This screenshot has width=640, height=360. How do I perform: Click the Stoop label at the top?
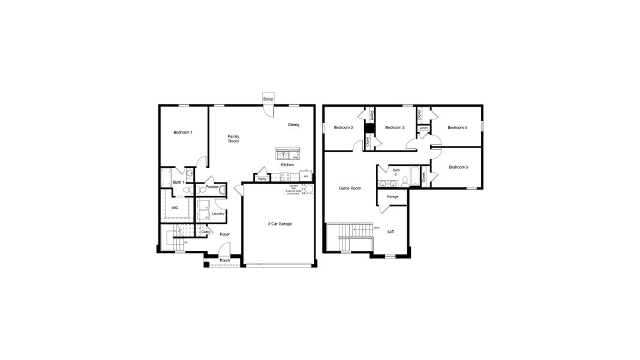[x=268, y=99]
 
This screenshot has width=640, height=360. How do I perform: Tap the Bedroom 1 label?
[x=183, y=132]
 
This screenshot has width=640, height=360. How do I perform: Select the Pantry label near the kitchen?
[x=262, y=178]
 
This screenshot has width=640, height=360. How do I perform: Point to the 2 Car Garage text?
[x=280, y=223]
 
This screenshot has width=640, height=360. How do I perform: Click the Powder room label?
[x=212, y=187]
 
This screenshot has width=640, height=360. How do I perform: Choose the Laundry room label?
[x=218, y=214]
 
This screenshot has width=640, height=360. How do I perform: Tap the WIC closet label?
[x=175, y=208]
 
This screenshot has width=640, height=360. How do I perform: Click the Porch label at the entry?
[x=224, y=260]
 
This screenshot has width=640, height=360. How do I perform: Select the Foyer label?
[x=224, y=234]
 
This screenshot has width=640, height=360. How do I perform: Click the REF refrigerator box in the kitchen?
[x=306, y=176]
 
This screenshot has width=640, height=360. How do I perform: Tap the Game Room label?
[x=350, y=188]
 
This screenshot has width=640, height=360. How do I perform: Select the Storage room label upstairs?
[x=392, y=196]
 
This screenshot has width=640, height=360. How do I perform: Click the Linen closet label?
[x=423, y=128]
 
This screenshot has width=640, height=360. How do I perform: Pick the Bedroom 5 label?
[x=458, y=167]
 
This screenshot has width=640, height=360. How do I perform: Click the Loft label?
[x=390, y=231]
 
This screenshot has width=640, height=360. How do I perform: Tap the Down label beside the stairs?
[x=376, y=228]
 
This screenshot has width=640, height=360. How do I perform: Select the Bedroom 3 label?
[x=395, y=127]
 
